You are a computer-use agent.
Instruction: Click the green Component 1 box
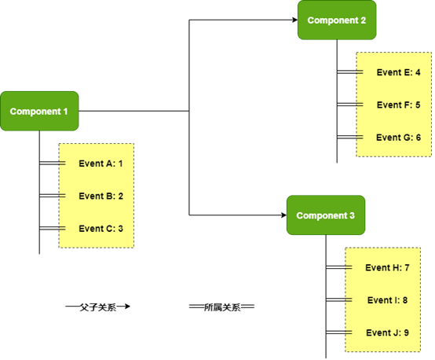(x=39, y=111)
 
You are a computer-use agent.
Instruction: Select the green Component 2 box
(x=337, y=20)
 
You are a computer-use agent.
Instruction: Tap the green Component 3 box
(x=326, y=215)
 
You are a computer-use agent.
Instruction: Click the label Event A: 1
(x=101, y=163)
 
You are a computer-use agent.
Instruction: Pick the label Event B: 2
(x=101, y=196)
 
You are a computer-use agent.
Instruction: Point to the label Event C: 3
(x=101, y=229)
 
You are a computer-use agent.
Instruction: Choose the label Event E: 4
(x=398, y=72)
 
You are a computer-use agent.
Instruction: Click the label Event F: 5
(x=398, y=105)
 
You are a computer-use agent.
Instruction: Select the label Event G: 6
(x=398, y=138)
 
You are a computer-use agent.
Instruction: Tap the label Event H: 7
(x=387, y=267)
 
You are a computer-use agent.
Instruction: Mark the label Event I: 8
(x=387, y=300)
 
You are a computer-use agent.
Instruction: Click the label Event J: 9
(x=387, y=333)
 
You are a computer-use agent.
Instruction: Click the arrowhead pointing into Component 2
(x=294, y=20)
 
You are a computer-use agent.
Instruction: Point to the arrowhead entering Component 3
(x=283, y=215)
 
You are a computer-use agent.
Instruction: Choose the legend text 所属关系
(x=222, y=307)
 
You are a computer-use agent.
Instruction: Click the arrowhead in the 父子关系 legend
(x=126, y=307)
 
